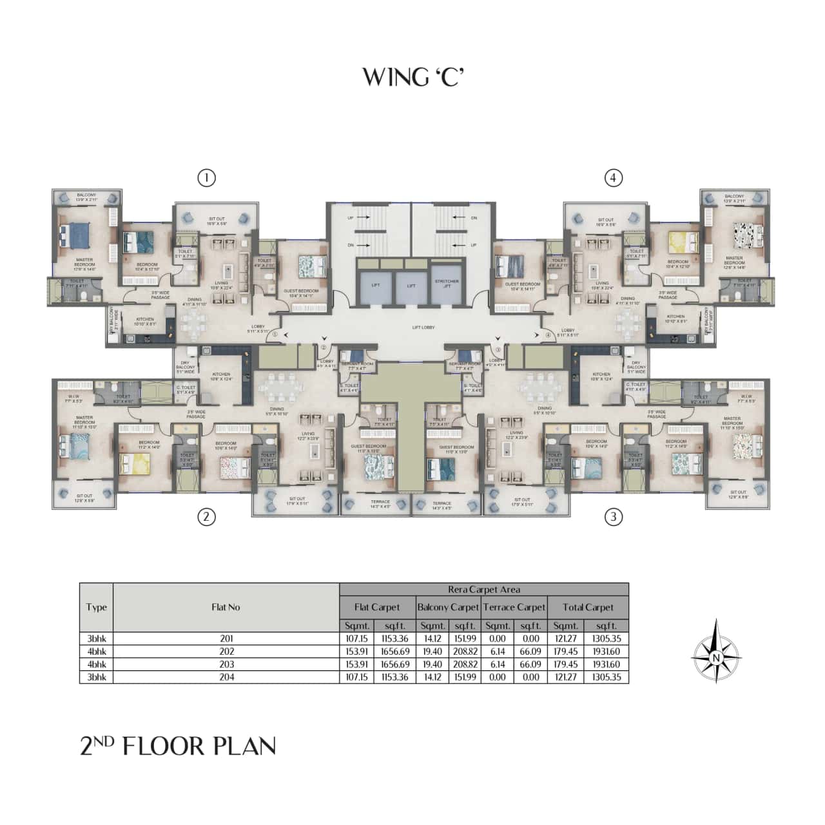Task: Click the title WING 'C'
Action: (412, 76)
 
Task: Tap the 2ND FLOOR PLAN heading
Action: (178, 746)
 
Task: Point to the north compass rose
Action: (715, 651)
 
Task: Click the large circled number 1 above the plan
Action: (206, 178)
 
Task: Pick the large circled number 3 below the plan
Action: (614, 516)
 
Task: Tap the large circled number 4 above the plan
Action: (614, 178)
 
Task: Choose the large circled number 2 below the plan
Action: (206, 516)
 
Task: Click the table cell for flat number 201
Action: (226, 639)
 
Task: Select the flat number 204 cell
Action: (226, 677)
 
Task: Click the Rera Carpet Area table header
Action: (483, 589)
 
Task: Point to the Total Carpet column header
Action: (588, 607)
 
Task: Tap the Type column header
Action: (96, 607)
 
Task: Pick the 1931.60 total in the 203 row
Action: (606, 665)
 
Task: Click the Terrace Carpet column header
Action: (514, 607)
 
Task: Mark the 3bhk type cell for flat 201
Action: (96, 639)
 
